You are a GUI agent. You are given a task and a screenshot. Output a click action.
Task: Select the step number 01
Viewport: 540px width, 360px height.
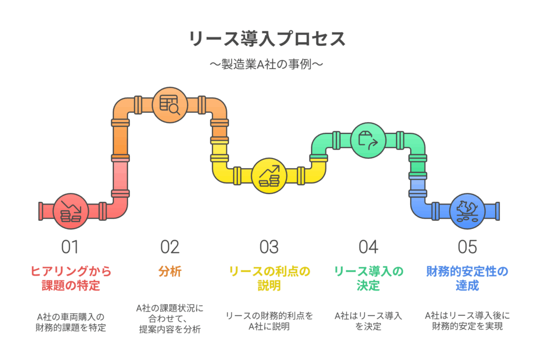click(70, 247)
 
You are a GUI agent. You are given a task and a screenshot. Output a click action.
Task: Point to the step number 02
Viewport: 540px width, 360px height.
click(170, 247)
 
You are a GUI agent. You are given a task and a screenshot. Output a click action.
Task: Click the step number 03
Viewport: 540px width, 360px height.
click(269, 247)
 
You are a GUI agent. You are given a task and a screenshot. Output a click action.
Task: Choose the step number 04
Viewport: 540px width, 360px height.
click(369, 247)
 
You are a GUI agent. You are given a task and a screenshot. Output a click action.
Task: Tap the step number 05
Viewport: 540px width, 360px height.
click(467, 247)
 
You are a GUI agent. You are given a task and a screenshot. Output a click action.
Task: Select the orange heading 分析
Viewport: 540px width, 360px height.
click(170, 271)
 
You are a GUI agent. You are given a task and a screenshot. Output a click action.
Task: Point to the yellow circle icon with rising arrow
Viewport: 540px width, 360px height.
click(269, 176)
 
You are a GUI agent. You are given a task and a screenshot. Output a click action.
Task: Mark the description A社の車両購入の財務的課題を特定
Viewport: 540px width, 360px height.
click(71, 322)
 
